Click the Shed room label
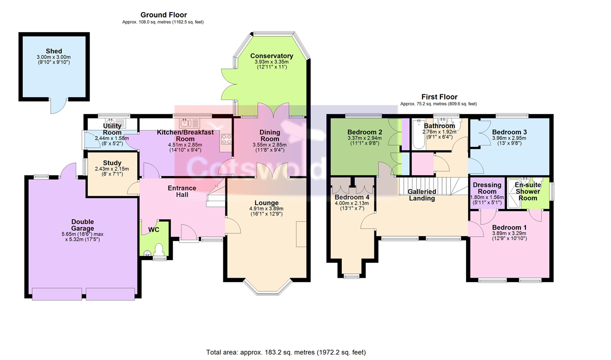coord(54,51)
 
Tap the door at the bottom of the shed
coord(59,106)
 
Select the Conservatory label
coord(271,56)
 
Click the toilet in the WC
coord(159,250)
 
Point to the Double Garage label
coord(83,225)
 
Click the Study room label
coord(112,163)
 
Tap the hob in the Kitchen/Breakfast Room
coord(226,140)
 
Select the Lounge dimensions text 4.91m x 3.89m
coord(267,209)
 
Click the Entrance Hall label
coord(182,191)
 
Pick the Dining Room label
coord(270,135)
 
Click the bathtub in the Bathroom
coord(419,135)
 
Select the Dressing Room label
coord(487,188)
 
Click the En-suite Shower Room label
coord(528,191)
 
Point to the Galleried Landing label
coord(422,195)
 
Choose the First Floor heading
coord(439,97)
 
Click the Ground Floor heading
coord(164,15)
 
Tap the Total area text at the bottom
coord(286,352)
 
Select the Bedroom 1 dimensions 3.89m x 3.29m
coord(509,233)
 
